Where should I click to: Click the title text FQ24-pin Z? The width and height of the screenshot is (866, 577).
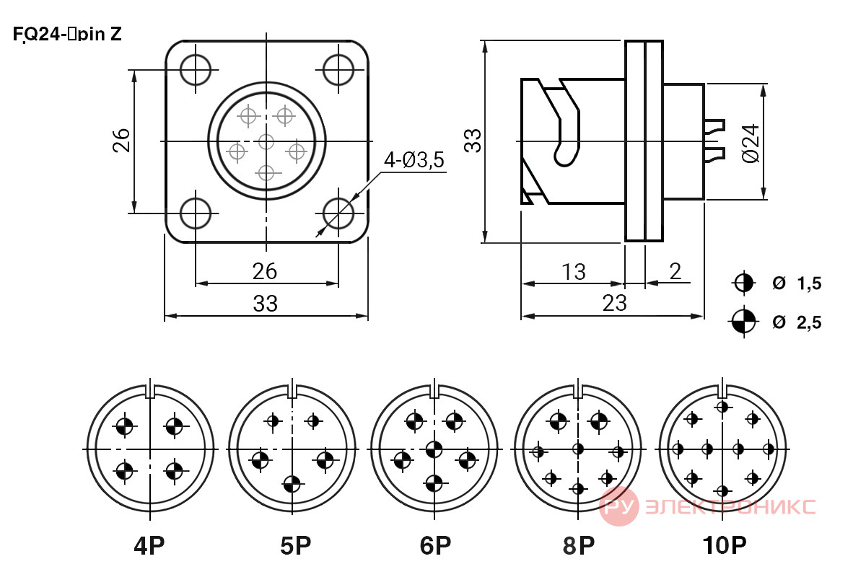(67, 34)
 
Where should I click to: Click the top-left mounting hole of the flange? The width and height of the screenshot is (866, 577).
(196, 70)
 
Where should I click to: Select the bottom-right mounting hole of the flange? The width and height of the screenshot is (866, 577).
(338, 213)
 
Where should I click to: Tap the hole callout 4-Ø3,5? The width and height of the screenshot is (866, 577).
(414, 160)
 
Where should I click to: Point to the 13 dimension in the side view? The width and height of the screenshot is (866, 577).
(573, 272)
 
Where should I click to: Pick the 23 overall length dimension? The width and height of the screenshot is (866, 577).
(614, 303)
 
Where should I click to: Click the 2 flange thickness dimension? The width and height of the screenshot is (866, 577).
(675, 271)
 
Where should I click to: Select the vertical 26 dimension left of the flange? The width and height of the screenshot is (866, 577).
(121, 141)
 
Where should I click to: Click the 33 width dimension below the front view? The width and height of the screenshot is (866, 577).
(266, 304)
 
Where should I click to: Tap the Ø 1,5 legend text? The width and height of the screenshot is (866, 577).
(797, 283)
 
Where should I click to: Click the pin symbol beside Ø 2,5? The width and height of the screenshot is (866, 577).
(743, 321)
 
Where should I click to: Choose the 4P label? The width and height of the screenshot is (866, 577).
(149, 545)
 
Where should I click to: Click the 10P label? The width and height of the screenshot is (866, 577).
(724, 545)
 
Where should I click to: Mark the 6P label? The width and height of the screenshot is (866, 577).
(435, 545)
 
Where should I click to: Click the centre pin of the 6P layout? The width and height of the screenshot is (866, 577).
(434, 449)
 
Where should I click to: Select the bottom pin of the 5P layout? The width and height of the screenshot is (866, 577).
(292, 483)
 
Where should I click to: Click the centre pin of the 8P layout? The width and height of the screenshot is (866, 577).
(578, 449)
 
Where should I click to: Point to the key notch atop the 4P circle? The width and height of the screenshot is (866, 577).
(150, 391)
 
